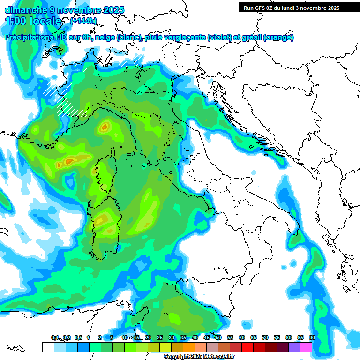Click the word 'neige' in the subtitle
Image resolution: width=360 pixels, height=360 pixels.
click(x=105, y=37)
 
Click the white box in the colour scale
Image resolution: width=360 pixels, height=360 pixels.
click(x=48, y=347)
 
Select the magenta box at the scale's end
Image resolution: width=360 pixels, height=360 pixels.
click(x=306, y=347)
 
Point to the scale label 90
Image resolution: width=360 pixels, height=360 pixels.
click(x=312, y=337)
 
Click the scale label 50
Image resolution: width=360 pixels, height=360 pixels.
click(x=218, y=337)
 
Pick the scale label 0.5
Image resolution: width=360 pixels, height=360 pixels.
click(x=78, y=337)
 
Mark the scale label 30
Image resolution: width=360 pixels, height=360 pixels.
click(x=172, y=337)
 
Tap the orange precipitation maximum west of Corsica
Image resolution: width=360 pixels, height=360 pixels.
click(x=69, y=161)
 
